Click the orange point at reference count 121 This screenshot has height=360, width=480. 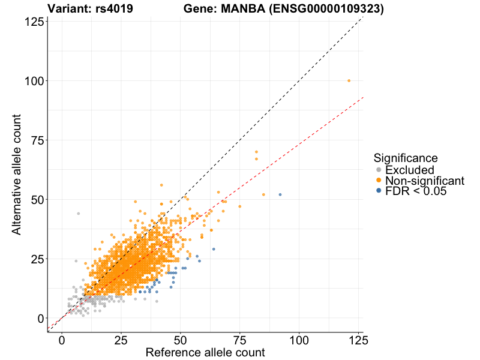[x=349, y=80]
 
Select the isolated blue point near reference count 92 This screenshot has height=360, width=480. [x=280, y=194]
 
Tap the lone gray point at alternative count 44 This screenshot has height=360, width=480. [x=78, y=214]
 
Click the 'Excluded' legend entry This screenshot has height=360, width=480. [x=409, y=170]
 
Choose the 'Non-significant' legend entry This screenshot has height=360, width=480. [x=424, y=181]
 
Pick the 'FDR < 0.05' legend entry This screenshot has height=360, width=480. [x=416, y=191]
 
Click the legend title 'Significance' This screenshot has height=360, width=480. [x=405, y=158]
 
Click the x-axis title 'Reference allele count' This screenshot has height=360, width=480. [x=205, y=353]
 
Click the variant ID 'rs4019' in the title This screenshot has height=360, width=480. [x=114, y=9]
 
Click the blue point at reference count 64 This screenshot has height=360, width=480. [x=214, y=249]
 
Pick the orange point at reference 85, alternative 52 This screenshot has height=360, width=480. [x=263, y=194]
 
